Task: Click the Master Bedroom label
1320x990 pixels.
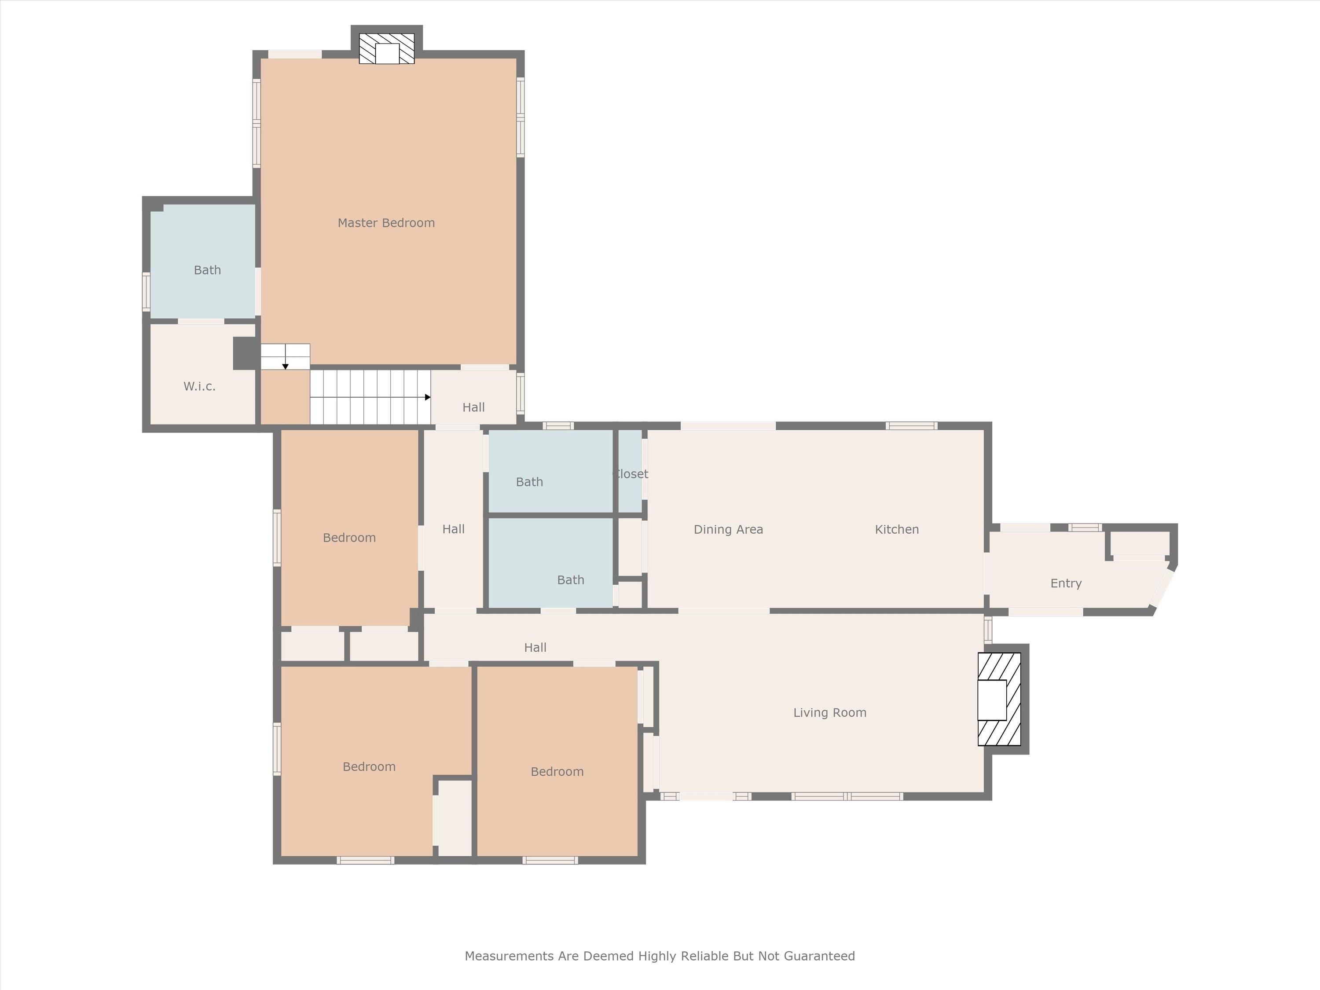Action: tap(386, 223)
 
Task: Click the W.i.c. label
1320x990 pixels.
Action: tap(199, 386)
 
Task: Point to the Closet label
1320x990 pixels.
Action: tap(631, 474)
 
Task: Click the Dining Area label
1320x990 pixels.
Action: tap(728, 529)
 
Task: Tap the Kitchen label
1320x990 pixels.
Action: tap(896, 529)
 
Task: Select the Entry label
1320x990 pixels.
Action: tap(1066, 583)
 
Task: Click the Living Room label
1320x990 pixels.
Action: tap(829, 712)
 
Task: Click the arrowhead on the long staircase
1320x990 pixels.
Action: tap(427, 397)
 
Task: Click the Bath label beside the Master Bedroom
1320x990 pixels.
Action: tap(207, 270)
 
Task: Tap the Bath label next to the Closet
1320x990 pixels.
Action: tap(529, 481)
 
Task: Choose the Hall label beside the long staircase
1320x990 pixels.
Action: tap(473, 407)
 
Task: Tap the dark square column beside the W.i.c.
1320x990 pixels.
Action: tap(245, 353)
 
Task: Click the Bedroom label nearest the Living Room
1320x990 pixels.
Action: tap(557, 772)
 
